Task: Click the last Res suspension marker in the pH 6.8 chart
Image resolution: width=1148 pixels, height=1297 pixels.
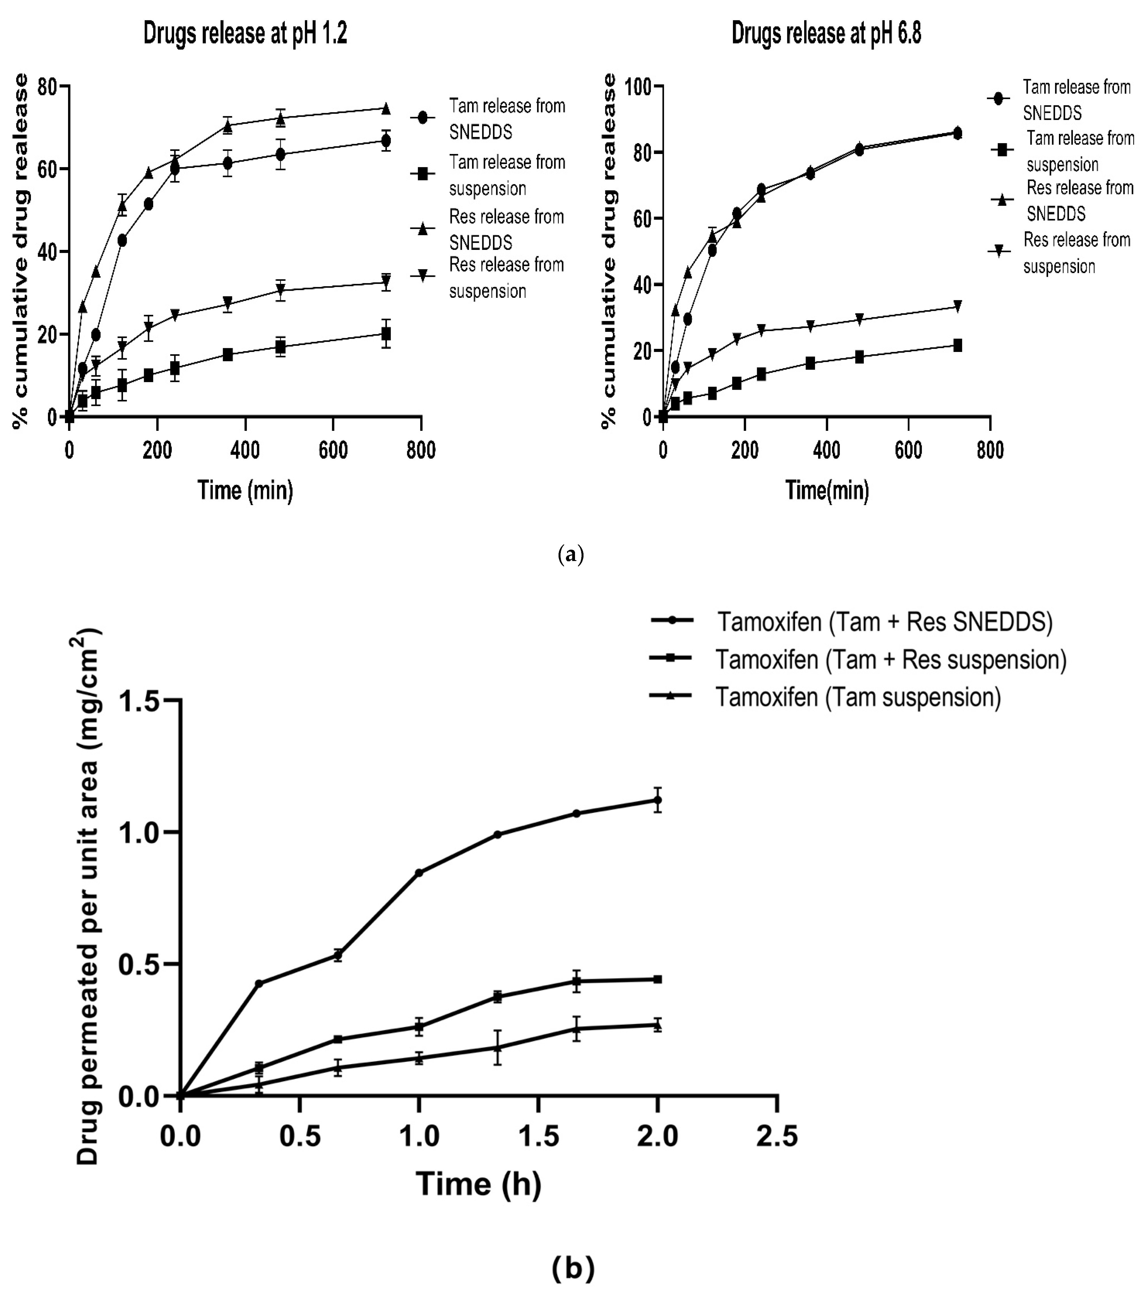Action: tap(958, 307)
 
